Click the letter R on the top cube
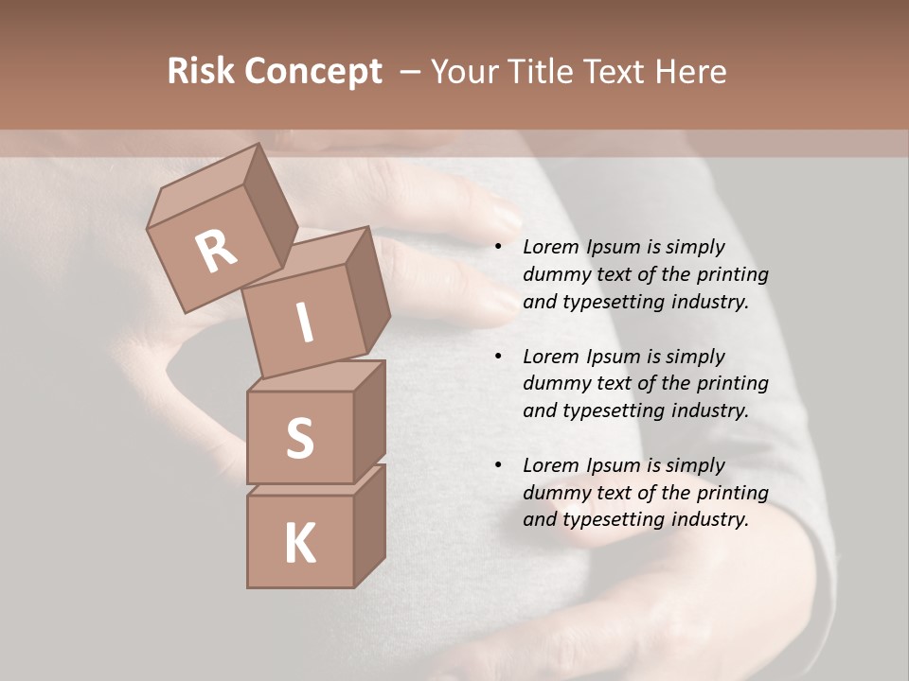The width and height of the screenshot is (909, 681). coord(217,252)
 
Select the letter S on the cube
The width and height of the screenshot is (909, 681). coord(299,438)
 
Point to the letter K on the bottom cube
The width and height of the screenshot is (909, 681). coord(299,544)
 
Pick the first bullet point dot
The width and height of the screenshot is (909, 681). coord(498,248)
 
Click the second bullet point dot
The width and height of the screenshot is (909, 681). coord(498,358)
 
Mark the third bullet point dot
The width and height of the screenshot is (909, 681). coord(498,466)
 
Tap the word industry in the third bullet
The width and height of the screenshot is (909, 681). coord(710,519)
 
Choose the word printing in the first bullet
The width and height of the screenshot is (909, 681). coord(732,275)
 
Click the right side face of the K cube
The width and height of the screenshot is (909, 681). coord(369,528)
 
